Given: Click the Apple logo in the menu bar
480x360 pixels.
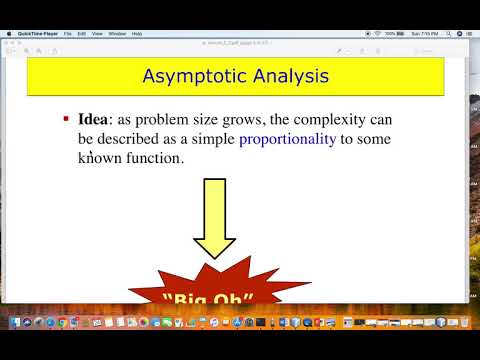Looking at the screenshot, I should [8, 34].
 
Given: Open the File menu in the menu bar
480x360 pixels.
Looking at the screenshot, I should [68, 34].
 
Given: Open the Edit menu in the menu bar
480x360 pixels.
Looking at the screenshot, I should [82, 34].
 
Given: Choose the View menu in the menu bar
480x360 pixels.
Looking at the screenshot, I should [97, 34].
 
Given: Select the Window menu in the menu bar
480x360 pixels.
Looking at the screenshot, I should [117, 34].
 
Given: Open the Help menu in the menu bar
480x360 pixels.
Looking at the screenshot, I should [137, 34].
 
